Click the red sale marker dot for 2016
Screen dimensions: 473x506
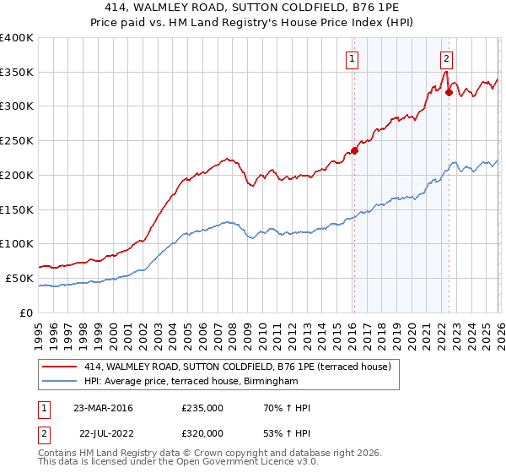click(354, 151)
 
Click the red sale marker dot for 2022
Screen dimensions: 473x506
click(449, 92)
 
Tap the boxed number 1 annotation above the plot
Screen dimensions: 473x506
click(351, 59)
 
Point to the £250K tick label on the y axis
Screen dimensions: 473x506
click(17, 141)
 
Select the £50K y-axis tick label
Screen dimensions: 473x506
click(19, 278)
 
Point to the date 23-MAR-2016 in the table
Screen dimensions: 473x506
click(103, 408)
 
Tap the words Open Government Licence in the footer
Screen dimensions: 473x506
click(216, 463)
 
